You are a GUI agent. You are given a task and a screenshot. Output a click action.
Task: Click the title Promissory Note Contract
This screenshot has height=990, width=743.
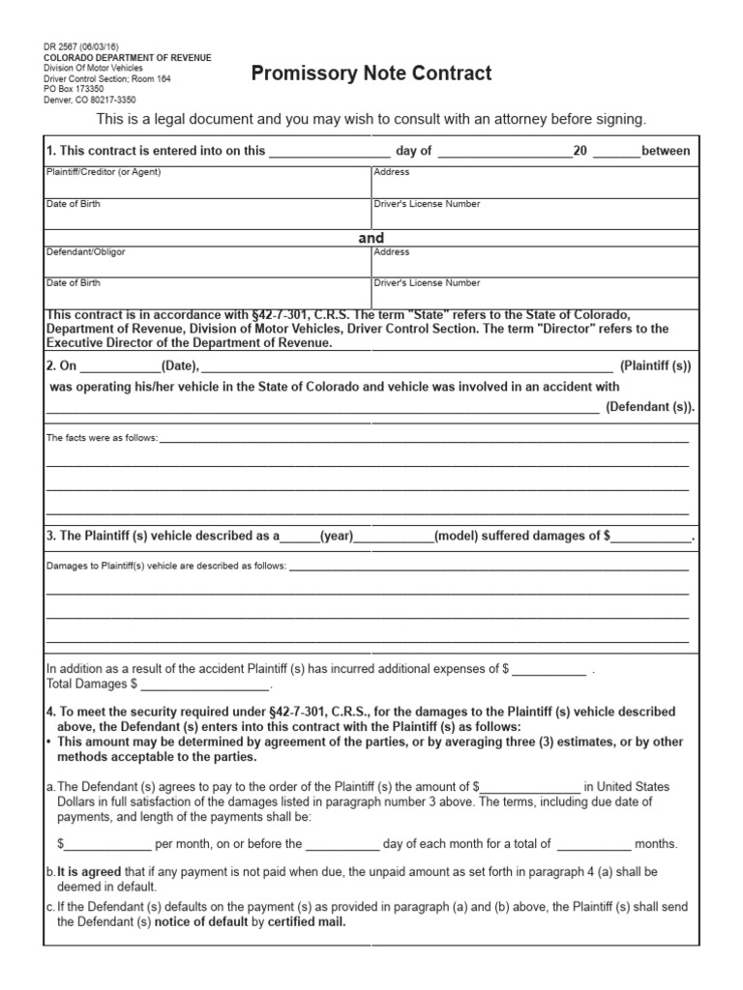point(371,73)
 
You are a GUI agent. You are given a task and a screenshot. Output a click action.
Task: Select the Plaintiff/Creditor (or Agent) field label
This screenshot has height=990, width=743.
point(104,172)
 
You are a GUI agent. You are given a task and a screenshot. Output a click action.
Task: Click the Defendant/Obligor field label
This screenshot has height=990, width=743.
point(86,252)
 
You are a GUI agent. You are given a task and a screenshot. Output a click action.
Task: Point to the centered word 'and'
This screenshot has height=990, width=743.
point(371,238)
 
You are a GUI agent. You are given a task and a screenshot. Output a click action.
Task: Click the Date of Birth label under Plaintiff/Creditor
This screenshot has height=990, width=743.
point(74,204)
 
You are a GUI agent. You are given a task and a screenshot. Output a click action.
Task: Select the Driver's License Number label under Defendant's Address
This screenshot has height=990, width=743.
point(427,283)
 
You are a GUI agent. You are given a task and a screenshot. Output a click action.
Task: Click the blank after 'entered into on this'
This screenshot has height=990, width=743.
point(329,151)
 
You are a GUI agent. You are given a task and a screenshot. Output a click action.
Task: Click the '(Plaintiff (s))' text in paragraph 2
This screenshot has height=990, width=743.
point(656,366)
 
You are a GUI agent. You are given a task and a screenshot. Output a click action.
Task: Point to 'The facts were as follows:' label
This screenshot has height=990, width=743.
point(102,438)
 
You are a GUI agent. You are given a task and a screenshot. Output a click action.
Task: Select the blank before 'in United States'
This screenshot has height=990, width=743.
point(530,787)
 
